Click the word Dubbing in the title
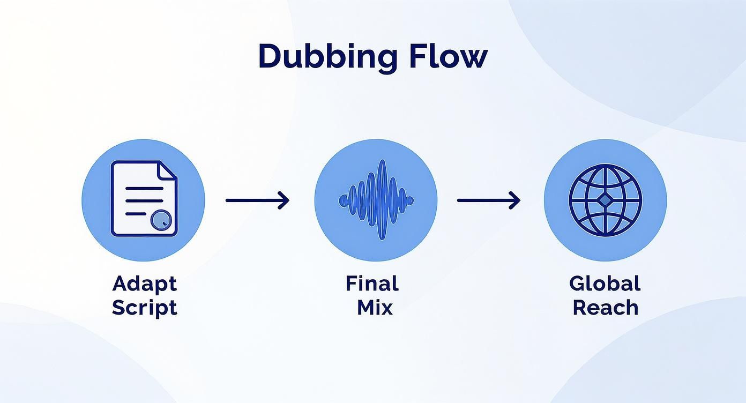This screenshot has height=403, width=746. [x=327, y=58]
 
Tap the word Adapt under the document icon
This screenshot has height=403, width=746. [x=145, y=285]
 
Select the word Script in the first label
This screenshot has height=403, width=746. [x=145, y=308]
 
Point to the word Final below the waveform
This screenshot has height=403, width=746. [x=372, y=283]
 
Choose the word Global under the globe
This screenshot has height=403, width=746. [x=605, y=283]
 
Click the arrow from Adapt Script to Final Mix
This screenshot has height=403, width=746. [x=257, y=200]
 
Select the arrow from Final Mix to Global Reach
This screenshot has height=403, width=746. [x=489, y=200]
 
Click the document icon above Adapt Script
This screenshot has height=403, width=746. [x=144, y=198]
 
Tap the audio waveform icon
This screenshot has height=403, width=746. [x=376, y=200]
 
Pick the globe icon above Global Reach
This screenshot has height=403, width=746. [x=606, y=200]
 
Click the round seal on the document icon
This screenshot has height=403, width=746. [x=161, y=220]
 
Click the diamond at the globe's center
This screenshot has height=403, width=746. [x=605, y=200]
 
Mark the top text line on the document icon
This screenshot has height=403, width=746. [x=144, y=189]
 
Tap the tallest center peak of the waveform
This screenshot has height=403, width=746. [x=382, y=200]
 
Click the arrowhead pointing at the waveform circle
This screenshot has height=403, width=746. [x=284, y=200]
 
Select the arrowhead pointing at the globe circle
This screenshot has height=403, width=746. [x=514, y=200]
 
